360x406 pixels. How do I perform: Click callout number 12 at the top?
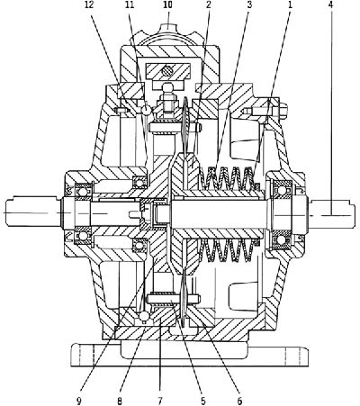point(89,5)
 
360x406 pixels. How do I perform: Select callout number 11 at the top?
point(130,5)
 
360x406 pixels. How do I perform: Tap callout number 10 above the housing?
point(168,5)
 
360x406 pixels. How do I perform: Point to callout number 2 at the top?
point(209,5)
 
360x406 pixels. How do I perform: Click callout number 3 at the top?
point(249,5)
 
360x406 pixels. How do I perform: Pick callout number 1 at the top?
point(290,5)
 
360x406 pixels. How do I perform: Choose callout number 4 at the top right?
point(330,5)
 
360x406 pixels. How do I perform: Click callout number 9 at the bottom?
point(79,401)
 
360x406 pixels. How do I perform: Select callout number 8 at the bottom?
point(120,401)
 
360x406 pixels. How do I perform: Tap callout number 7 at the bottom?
point(159,401)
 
